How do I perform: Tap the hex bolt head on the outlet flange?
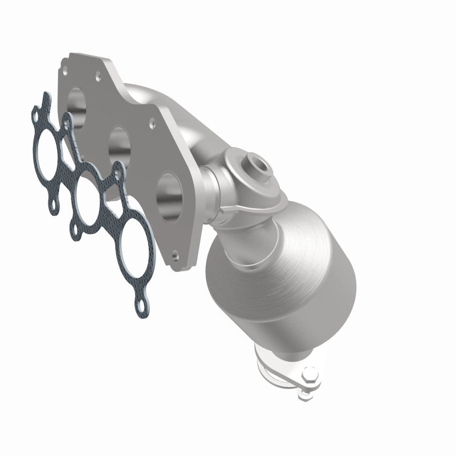[311, 376]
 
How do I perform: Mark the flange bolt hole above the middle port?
[152, 122]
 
